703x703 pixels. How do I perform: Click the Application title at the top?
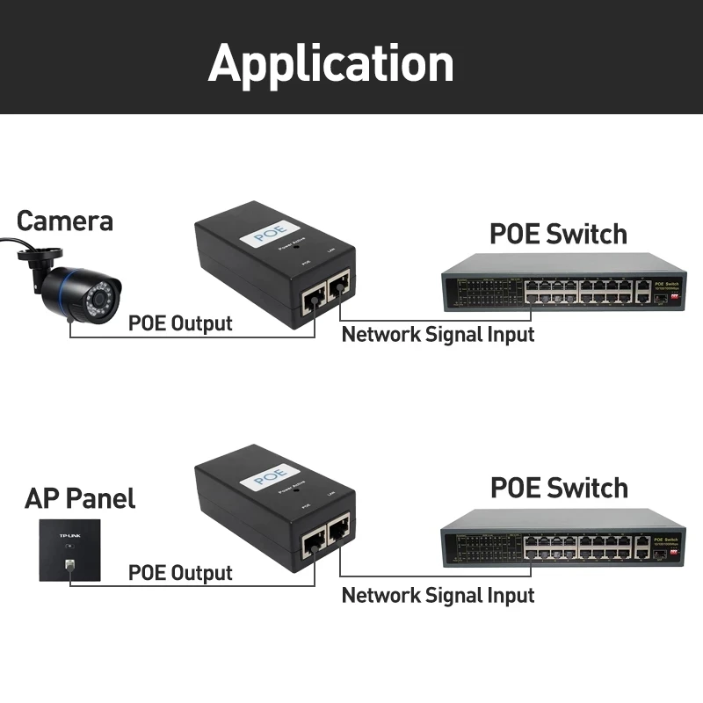coord(331,63)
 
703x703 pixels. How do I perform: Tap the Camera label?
coord(65,221)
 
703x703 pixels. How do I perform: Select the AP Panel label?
coord(80,499)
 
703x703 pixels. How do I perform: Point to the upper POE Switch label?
coord(558,235)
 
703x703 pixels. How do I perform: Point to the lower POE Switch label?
coord(558,488)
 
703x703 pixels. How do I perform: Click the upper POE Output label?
coord(180,323)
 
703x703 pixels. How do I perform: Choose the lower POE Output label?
coord(180,573)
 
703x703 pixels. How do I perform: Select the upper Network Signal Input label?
coord(438,334)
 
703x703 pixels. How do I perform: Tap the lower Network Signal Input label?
coord(438,595)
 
